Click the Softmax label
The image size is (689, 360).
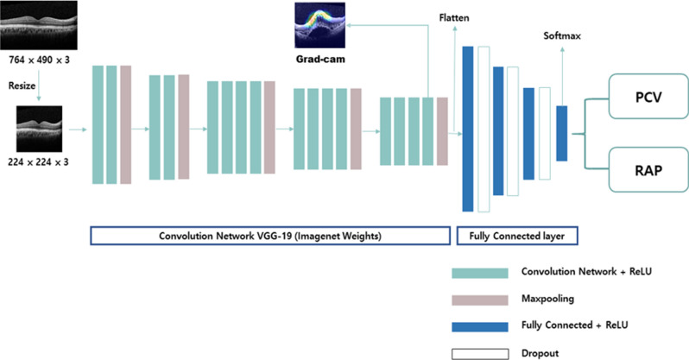562,36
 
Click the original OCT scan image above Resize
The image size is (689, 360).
40,24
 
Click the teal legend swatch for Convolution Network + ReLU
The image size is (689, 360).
479,273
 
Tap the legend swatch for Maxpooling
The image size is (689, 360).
479,300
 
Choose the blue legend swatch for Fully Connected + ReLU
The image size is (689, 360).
479,326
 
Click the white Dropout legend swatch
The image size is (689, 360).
479,352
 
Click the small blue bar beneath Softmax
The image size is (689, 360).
561,133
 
